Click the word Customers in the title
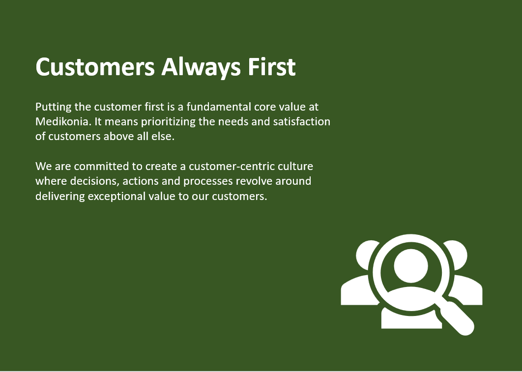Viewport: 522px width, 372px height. (95, 66)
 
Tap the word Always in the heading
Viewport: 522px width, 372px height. (201, 67)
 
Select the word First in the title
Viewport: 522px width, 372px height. (271, 67)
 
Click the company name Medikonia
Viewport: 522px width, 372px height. (63, 121)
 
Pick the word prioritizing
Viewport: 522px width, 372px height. (168, 122)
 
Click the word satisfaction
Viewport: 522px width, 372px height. (302, 121)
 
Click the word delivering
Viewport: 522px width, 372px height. (60, 196)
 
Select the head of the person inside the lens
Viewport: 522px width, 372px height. (410, 266)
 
